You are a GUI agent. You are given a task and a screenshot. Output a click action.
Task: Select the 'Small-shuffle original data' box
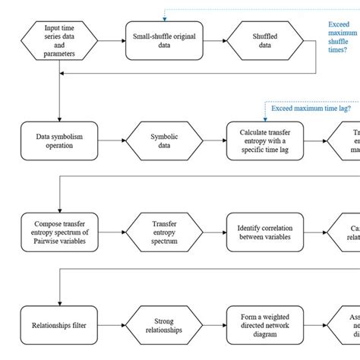click(x=164, y=39)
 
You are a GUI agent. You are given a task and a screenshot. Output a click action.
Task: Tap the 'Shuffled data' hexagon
click(x=265, y=39)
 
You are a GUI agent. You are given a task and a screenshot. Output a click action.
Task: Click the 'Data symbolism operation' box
click(x=59, y=141)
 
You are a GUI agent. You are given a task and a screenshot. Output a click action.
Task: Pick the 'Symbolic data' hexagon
click(x=164, y=141)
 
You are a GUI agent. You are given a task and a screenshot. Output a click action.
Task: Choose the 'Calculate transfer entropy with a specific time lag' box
click(x=265, y=141)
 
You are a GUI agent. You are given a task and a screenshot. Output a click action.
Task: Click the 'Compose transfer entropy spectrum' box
click(x=59, y=231)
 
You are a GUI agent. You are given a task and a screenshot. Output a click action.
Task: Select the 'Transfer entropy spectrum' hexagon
click(x=164, y=231)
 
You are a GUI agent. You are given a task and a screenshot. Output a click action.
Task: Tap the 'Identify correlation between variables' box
click(x=265, y=231)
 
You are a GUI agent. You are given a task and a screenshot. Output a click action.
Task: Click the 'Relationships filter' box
click(x=59, y=326)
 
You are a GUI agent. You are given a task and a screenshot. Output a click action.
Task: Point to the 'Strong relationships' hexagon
click(x=164, y=326)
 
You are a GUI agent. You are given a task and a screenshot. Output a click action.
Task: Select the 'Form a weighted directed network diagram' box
click(x=265, y=326)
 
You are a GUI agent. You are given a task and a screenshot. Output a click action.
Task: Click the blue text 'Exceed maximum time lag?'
click(x=312, y=109)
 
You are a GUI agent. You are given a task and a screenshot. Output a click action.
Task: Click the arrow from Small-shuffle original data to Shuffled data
click(x=215, y=39)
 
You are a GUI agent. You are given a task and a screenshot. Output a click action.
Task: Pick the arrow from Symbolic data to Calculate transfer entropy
click(x=215, y=141)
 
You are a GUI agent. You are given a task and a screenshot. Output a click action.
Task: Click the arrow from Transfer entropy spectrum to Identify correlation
click(x=215, y=231)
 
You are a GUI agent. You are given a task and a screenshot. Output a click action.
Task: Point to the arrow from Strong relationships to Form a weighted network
click(x=215, y=326)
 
